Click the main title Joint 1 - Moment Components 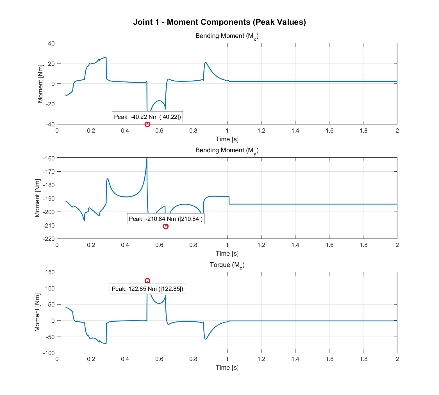(x=219, y=22)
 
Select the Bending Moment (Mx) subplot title (x=227, y=36)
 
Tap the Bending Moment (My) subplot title (x=227, y=151)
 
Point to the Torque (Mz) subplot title (x=227, y=265)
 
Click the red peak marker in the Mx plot (x=147, y=124)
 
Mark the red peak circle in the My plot (x=166, y=226)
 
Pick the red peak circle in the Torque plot (x=147, y=281)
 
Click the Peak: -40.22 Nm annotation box (x=147, y=117)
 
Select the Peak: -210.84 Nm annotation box (x=166, y=219)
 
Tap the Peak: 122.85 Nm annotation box (x=147, y=289)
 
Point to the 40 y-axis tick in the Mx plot (x=51, y=44)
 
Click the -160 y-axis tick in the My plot (x=49, y=158)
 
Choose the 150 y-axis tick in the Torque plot (x=50, y=272)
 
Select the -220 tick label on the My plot (x=49, y=239)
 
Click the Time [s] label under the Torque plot (x=227, y=367)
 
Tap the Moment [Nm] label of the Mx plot (x=40, y=84)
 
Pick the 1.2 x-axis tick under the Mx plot (x=261, y=131)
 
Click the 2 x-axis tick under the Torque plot (x=397, y=359)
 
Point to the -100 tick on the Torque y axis (x=49, y=353)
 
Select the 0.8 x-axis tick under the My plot (x=193, y=245)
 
